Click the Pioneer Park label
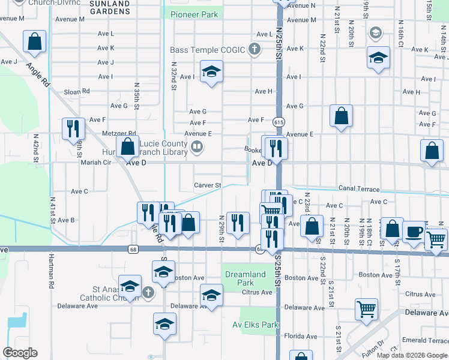tap(194, 14)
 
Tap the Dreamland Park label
tap(245, 278)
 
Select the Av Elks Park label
tap(256, 325)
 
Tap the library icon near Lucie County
tap(196, 146)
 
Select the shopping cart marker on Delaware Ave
tap(366, 310)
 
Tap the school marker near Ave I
tap(211, 72)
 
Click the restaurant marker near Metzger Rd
tap(71, 128)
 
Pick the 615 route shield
tap(279, 121)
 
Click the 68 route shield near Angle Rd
tap(133, 248)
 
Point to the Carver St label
tap(208, 185)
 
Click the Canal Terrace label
tap(358, 189)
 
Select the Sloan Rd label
tap(77, 92)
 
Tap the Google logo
tap(20, 353)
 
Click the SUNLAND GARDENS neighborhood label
tap(109, 7)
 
